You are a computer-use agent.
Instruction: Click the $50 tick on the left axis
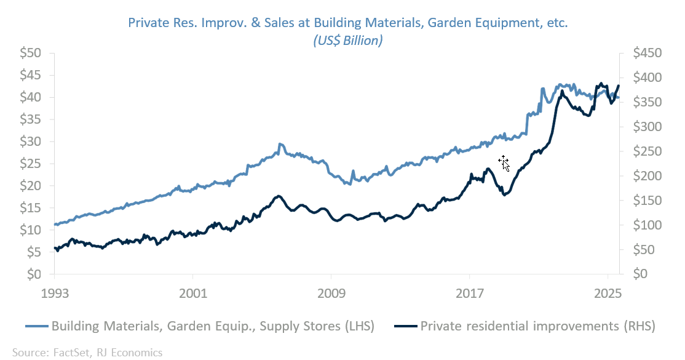point(30,53)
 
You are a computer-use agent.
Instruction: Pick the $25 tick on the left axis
point(30,164)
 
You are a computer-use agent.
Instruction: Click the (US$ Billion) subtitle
point(347,41)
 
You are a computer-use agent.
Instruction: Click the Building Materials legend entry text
point(213,326)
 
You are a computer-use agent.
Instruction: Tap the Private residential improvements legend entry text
point(537,326)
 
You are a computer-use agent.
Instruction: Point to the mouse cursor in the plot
point(504,163)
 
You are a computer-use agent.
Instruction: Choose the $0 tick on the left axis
point(34,274)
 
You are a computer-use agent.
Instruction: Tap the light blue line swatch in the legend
point(37,326)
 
